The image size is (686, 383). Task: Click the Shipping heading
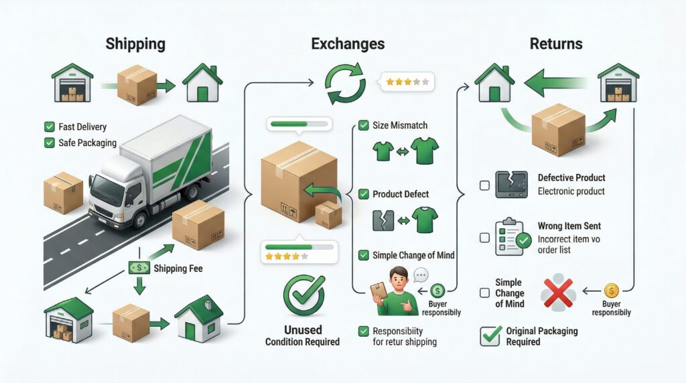click(x=135, y=44)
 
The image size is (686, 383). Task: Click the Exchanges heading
click(x=348, y=44)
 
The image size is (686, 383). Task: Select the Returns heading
click(x=556, y=44)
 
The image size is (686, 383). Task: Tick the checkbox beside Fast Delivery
click(x=49, y=127)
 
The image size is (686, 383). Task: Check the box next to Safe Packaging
click(x=49, y=142)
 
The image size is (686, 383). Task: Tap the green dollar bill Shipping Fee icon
click(x=139, y=268)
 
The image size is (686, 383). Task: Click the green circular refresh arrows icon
click(x=344, y=84)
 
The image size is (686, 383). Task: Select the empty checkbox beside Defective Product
click(x=484, y=185)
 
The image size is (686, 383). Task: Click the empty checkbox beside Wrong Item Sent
click(x=484, y=237)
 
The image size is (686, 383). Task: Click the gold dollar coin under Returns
click(x=611, y=291)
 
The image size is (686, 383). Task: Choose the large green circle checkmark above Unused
click(x=303, y=295)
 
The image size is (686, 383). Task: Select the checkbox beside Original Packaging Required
click(x=490, y=335)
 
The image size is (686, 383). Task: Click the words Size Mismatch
click(x=399, y=125)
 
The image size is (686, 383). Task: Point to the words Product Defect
click(x=401, y=194)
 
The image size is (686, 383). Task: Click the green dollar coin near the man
click(x=438, y=291)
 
